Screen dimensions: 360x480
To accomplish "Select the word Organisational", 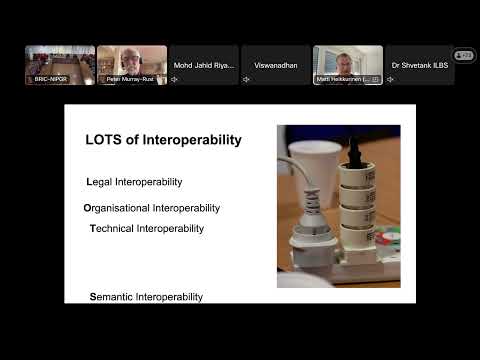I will coord(117,208).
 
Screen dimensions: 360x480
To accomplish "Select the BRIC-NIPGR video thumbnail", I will coord(60,64).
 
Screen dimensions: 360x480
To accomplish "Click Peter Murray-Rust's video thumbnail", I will coord(132,64).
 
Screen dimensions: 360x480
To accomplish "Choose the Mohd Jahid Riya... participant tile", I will coord(204,64).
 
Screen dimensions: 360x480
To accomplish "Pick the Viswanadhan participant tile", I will coord(276,64).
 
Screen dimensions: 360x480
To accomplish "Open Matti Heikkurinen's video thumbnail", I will coord(348,64).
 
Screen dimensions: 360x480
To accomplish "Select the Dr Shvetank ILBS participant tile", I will coord(420,64).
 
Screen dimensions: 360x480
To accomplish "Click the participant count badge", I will coord(464,56).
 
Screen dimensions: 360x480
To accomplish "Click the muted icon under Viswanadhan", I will coord(247,79).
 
